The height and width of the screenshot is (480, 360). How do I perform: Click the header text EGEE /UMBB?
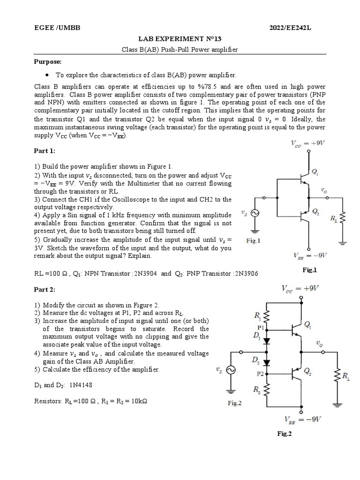[x=57, y=28]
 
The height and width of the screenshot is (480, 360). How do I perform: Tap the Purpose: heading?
[x=48, y=61]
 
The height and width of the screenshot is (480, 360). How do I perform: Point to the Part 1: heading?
[x=45, y=151]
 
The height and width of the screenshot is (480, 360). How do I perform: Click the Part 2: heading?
[x=45, y=290]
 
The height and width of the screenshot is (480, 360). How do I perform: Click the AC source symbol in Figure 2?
[x=230, y=369]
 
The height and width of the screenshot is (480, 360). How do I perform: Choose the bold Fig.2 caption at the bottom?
[x=284, y=434]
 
